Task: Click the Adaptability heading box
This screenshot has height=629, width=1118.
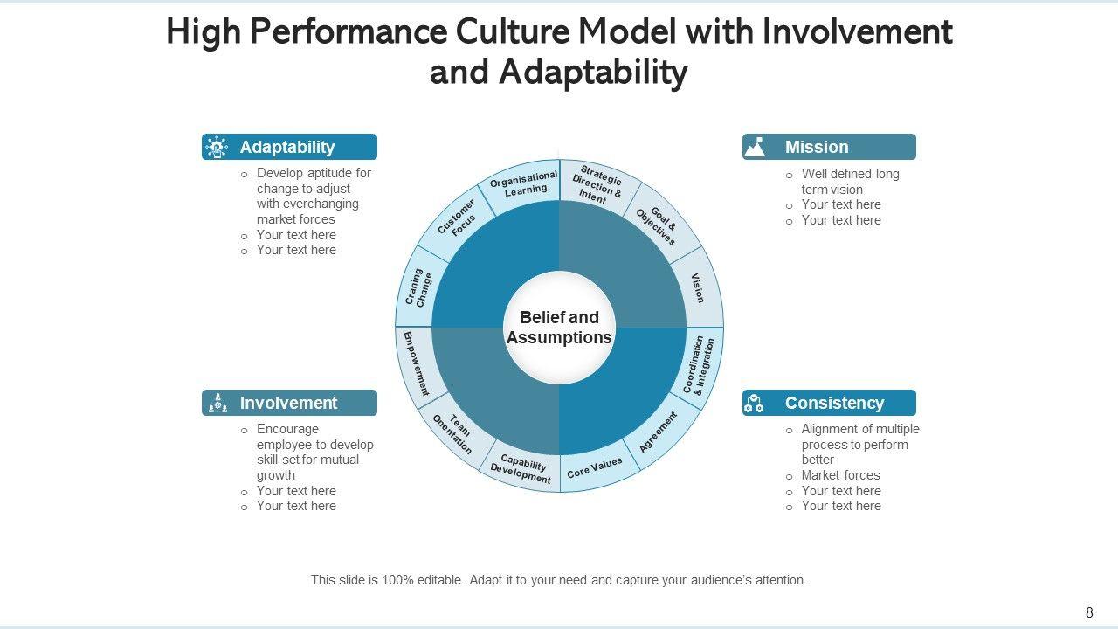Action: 289,147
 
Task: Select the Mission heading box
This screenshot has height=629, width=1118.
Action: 829,147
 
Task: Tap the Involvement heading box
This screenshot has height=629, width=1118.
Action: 289,403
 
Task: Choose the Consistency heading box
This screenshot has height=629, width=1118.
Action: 829,403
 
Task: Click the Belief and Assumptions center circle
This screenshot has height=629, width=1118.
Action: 559,328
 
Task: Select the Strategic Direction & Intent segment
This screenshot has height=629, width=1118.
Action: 597,184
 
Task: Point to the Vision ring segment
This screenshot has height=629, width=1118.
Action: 698,287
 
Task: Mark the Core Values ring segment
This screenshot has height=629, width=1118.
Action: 595,469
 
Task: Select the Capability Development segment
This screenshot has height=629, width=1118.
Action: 522,468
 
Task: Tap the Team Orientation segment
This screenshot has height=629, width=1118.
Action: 453,433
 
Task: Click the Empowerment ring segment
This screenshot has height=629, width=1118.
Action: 416,363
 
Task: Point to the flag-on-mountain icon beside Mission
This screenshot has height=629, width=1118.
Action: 755,147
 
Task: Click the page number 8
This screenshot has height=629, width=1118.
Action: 1089,612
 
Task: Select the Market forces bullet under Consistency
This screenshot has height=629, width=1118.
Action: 840,475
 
